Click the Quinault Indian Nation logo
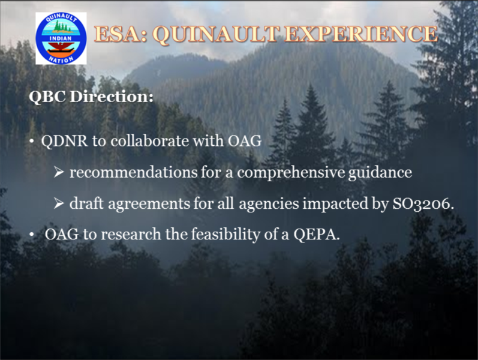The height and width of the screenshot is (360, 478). click(61, 38)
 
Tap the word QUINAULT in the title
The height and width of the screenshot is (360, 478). click(217, 34)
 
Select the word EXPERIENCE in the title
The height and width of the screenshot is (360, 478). click(362, 34)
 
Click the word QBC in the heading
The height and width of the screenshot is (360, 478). click(47, 97)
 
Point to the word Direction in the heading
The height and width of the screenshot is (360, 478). click(112, 97)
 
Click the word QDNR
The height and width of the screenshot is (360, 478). click(64, 141)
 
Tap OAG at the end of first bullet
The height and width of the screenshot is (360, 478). click(245, 141)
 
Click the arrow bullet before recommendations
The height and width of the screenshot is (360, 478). click(59, 172)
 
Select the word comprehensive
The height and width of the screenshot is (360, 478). click(291, 173)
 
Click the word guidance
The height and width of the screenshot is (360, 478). click(380, 173)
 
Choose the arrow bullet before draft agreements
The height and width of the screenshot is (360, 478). click(59, 203)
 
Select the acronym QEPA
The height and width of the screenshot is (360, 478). click(317, 235)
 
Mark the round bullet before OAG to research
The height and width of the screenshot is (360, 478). click(32, 235)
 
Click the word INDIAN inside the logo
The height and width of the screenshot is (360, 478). click(61, 38)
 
